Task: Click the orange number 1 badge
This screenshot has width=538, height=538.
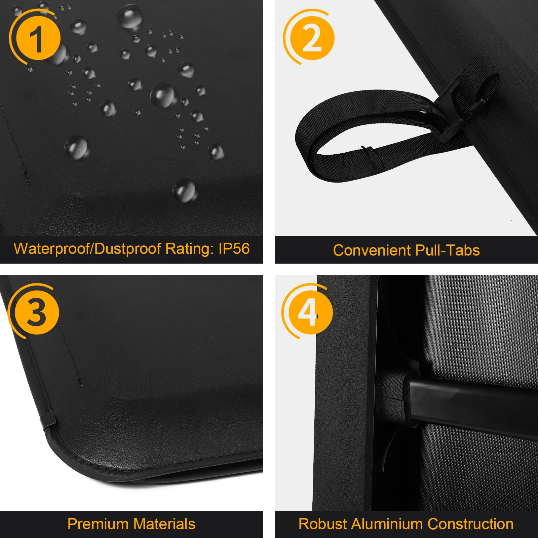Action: click(38, 38)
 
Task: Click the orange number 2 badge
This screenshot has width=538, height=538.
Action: click(312, 38)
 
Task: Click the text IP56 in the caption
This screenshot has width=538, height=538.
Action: click(234, 249)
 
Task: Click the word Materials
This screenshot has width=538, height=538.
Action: click(164, 524)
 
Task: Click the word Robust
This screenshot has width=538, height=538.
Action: click(323, 524)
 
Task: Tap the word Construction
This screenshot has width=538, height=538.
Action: click(470, 524)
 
